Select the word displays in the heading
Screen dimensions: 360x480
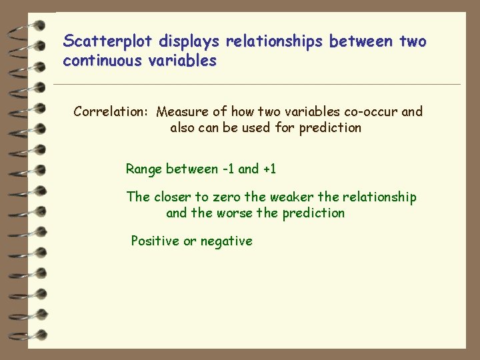[189, 42]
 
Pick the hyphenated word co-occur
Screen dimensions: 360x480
[370, 111]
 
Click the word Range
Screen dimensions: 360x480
[143, 169]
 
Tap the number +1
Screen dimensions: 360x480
[269, 169]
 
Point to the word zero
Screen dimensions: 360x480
[227, 197]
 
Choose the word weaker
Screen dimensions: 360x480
[292, 197]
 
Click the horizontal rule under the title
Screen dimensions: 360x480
[257, 85]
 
